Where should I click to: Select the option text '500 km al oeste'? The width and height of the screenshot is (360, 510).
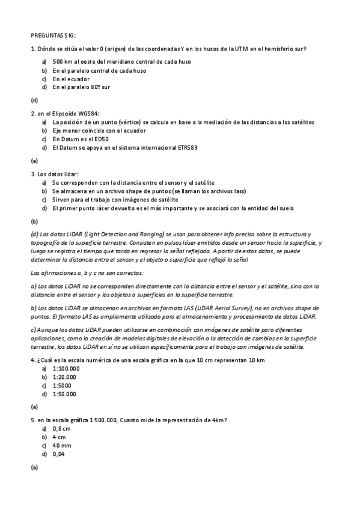coord(75,62)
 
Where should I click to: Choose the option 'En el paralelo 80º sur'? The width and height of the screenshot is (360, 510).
coord(81,87)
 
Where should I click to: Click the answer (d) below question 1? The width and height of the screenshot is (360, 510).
coord(34,100)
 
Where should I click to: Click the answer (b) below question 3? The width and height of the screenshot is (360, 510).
coord(34,221)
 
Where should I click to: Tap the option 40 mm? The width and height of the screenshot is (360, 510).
coord(61,446)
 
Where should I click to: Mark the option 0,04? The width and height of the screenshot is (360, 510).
coord(58,454)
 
